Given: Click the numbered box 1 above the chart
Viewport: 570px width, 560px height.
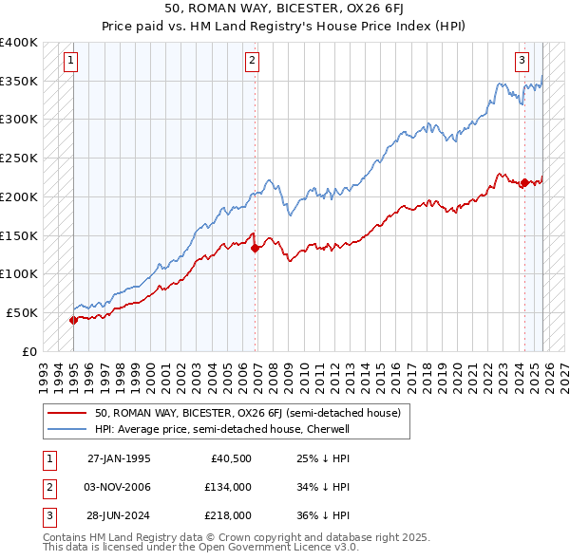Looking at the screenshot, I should click(x=72, y=61).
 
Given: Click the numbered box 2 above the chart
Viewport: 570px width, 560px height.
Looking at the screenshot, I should click(x=252, y=61).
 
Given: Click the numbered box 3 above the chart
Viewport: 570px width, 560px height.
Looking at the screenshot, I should click(x=522, y=61).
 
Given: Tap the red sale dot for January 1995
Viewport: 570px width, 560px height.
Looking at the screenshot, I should click(x=73, y=320).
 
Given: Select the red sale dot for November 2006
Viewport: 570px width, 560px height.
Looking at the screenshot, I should click(x=256, y=248).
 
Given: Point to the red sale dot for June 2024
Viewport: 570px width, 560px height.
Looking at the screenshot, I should click(x=523, y=183).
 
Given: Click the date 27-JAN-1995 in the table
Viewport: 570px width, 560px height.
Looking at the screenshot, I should click(x=119, y=458).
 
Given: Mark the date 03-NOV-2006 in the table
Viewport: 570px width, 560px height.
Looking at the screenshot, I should click(x=119, y=487).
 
